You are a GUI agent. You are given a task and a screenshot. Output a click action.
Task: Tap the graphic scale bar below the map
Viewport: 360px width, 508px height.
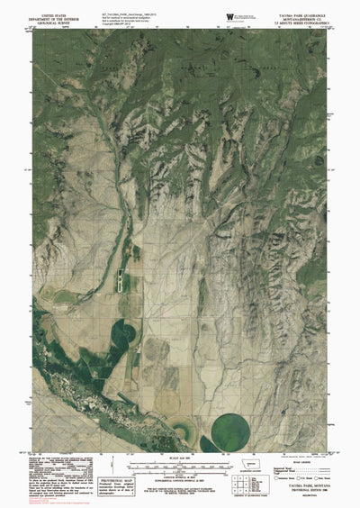[180, 467]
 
